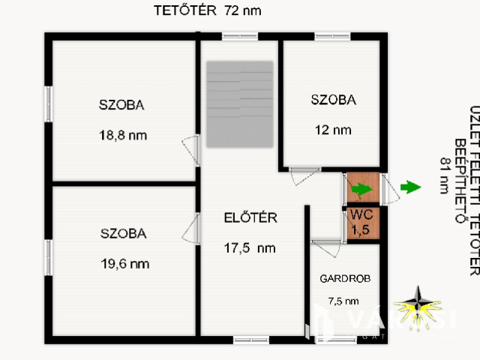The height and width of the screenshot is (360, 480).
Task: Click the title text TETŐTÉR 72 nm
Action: [208, 10]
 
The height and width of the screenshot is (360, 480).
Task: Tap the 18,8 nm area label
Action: [123, 136]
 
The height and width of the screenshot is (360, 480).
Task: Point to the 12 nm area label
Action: [333, 129]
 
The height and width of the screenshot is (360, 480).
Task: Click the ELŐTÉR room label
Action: [251, 218]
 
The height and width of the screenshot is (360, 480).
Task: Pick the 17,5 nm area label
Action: [250, 247]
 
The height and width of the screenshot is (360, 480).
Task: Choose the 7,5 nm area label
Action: [343, 301]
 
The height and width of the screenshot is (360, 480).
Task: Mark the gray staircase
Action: [240, 104]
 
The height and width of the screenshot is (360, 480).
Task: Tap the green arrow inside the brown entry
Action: [361, 189]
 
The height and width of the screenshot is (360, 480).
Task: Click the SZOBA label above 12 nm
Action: [334, 99]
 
